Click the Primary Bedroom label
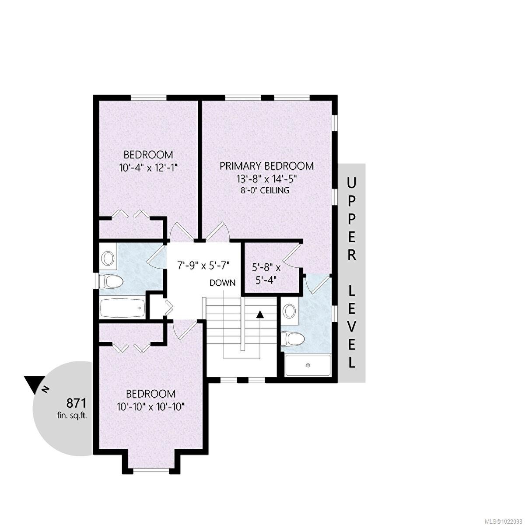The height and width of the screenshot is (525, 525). point(266,166)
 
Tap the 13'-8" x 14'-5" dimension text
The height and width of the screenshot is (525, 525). point(266,178)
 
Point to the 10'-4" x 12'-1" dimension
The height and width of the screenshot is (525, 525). point(148,167)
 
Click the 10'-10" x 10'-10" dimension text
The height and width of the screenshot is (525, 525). point(150,406)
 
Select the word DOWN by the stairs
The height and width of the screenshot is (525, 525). point(222,283)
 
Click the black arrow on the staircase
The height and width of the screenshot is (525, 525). point(260,314)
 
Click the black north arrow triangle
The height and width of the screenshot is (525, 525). point(33,383)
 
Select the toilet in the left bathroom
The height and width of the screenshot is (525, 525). point(109,281)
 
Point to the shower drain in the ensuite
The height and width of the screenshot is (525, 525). point(308,365)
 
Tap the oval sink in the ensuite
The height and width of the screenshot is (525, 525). point(289,311)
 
